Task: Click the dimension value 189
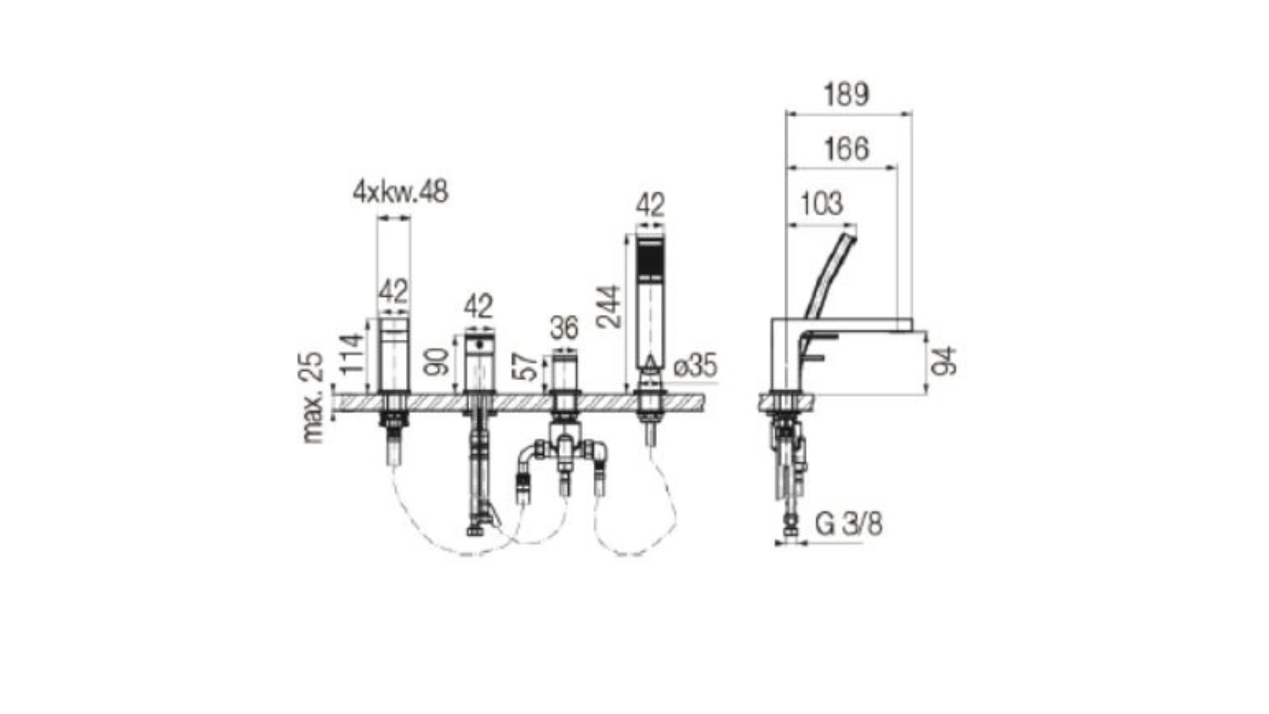[846, 95]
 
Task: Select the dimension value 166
[846, 149]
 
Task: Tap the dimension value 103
[822, 204]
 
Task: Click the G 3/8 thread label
[849, 524]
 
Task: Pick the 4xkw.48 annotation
[401, 192]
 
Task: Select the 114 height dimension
[351, 354]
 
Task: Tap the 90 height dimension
[437, 362]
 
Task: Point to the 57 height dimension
[527, 368]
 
